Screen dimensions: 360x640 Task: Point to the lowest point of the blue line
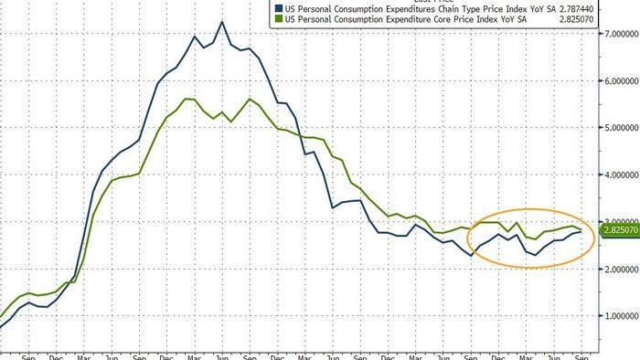3,326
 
